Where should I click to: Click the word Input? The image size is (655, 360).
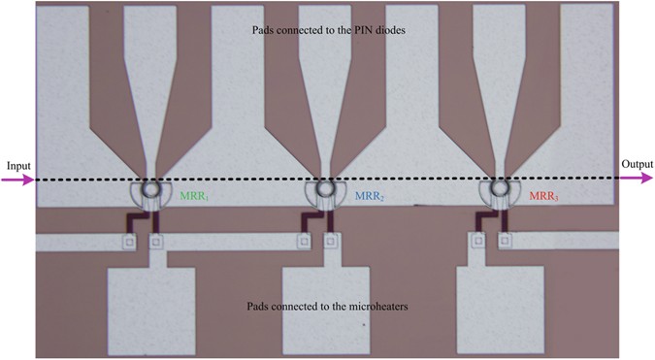[x=16, y=165]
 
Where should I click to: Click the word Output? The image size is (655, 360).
[x=636, y=165]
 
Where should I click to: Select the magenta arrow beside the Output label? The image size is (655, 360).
[x=637, y=179]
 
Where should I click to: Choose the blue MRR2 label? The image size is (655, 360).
[x=369, y=196]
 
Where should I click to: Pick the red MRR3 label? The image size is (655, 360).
[x=543, y=196]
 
